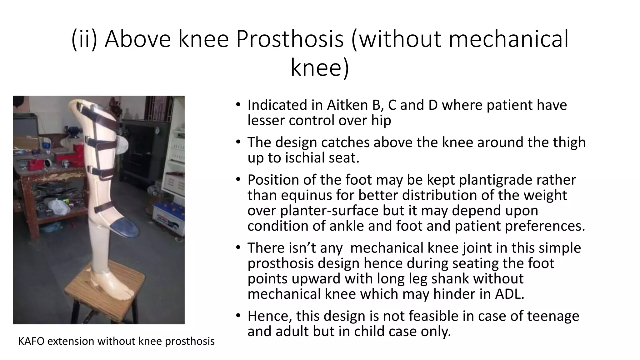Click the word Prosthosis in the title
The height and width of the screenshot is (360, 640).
pos(290,39)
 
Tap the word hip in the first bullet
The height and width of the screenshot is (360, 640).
pos(381,120)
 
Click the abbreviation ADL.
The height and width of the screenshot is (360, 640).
pos(509,294)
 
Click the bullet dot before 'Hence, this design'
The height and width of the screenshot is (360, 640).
pos(238,316)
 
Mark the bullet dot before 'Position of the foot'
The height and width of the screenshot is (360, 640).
pos(238,180)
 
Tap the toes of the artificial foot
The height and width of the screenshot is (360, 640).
pos(127,294)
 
